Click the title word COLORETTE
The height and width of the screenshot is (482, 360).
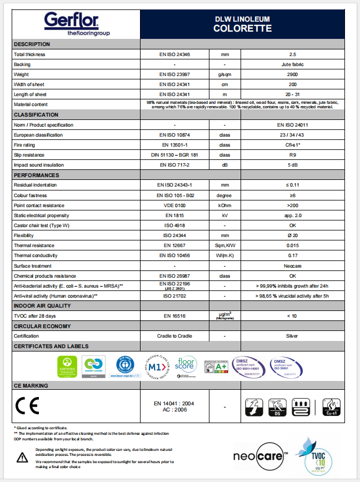pyautogui.click(x=243, y=28)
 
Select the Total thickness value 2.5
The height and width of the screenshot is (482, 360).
pyautogui.click(x=292, y=54)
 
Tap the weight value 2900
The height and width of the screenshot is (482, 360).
pyautogui.click(x=292, y=74)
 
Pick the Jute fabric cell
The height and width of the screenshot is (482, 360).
pyautogui.click(x=292, y=64)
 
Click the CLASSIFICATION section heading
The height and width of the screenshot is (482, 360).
pyautogui.click(x=36, y=114)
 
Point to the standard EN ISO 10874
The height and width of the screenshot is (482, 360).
pyautogui.click(x=174, y=135)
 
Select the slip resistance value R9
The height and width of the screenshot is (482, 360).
pyautogui.click(x=292, y=155)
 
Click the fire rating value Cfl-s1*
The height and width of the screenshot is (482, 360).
pyautogui.click(x=292, y=145)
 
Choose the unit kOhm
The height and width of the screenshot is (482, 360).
pyautogui.click(x=224, y=205)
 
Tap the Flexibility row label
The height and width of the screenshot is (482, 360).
pyautogui.click(x=26, y=235)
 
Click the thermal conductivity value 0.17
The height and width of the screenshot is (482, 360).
pyautogui.click(x=292, y=255)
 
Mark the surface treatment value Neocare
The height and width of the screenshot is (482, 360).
pyautogui.click(x=292, y=265)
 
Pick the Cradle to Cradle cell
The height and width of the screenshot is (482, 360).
pyautogui.click(x=174, y=336)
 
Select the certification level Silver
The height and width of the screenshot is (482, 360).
pyautogui.click(x=292, y=336)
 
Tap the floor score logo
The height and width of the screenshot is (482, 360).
pyautogui.click(x=187, y=365)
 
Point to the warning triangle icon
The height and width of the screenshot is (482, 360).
pyautogui.click(x=22, y=456)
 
